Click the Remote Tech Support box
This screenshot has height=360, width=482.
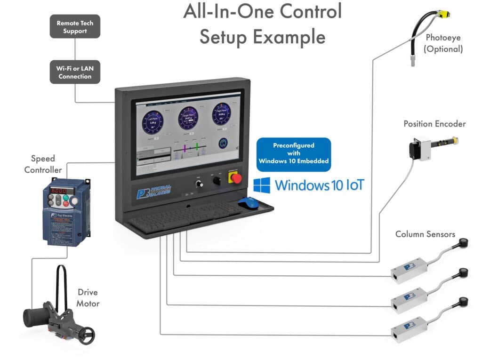[x=75, y=27]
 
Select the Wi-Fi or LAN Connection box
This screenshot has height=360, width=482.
[x=75, y=72]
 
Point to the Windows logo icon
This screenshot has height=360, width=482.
[x=262, y=185]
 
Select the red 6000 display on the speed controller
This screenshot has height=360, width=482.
[x=58, y=191]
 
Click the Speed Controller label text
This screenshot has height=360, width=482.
[x=43, y=164]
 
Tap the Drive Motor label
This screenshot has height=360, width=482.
[x=88, y=297]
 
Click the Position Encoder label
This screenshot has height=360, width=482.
[x=434, y=124]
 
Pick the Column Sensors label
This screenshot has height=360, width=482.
[x=425, y=234]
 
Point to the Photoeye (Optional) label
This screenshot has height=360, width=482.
[x=443, y=43]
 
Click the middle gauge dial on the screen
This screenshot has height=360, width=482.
[x=188, y=118]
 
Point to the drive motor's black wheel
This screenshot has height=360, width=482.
[x=86, y=335]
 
